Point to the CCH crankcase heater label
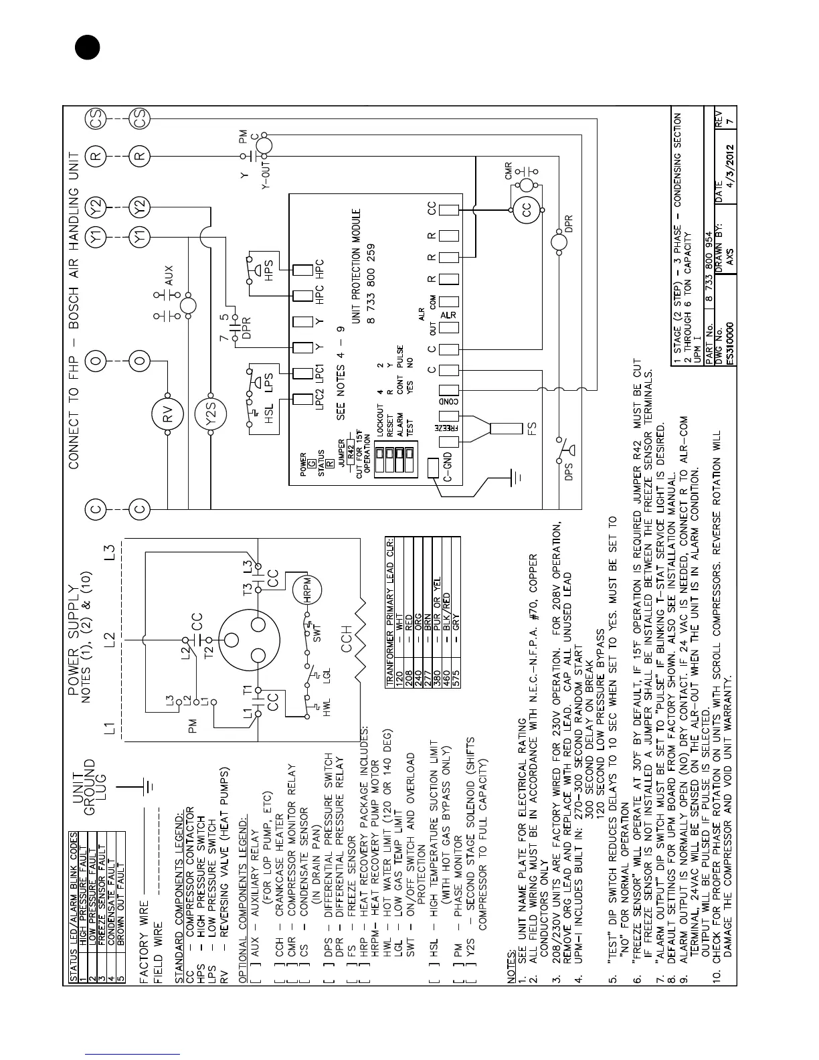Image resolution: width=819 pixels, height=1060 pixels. (x=347, y=638)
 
